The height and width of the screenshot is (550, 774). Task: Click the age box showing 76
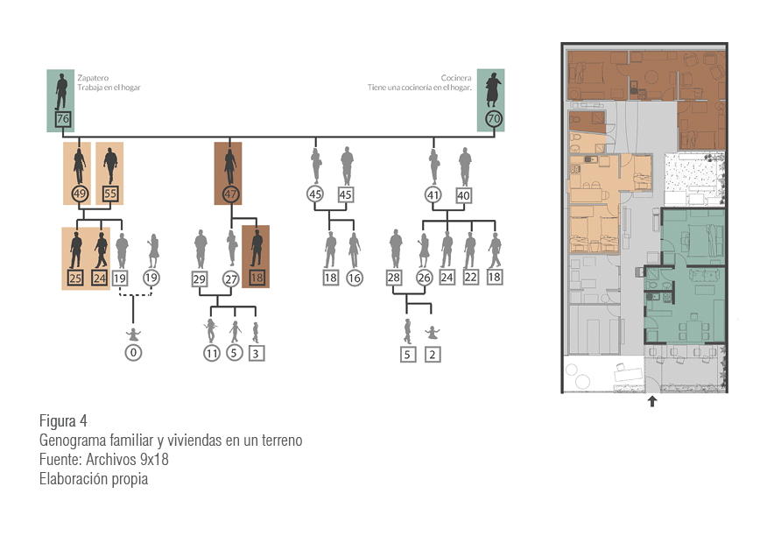pos(63,119)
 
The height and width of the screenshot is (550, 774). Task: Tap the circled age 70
pos(494,118)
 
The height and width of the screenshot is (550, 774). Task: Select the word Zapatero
pos(93,78)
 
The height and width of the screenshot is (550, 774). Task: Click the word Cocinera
pos(456,78)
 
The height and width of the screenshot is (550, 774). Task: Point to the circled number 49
pos(80,194)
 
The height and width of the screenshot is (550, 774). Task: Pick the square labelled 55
pos(110,194)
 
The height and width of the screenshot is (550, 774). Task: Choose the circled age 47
pos(230,194)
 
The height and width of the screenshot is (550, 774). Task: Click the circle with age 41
pos(433,195)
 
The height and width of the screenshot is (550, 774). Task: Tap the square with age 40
pos(463,195)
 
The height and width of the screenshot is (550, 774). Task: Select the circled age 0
pos(133,353)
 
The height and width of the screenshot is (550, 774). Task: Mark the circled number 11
pos(212,354)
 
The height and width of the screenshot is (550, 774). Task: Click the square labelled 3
pos(256,354)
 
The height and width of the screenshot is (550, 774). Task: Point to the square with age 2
pos(433,355)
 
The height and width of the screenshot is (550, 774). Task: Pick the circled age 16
pos(355,278)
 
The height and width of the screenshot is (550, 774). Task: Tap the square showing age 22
pos(470,278)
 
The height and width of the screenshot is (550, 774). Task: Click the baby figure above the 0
pos(133,335)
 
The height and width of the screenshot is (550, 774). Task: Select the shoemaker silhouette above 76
pos(61,91)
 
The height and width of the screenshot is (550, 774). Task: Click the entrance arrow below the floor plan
pos(652,401)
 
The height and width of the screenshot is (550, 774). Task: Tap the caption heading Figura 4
pos(63,421)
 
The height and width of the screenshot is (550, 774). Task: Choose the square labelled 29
pos(200,279)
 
